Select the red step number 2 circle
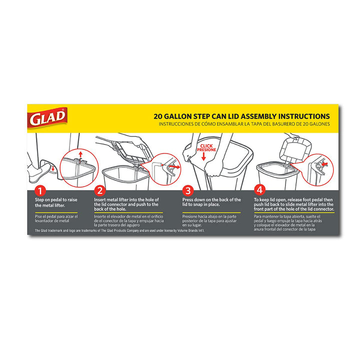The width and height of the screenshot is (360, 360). pyautogui.click(x=99, y=190)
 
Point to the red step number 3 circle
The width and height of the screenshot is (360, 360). pyautogui.click(x=188, y=190)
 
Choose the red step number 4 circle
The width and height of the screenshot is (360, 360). pyautogui.click(x=259, y=190)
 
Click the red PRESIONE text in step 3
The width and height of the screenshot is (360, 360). pyautogui.click(x=206, y=149)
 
